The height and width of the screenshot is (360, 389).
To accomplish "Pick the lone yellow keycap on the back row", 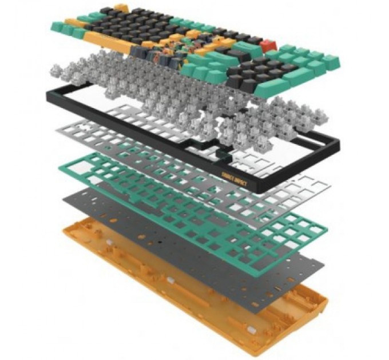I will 120,8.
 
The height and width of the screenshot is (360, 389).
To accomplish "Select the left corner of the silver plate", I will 57,131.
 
